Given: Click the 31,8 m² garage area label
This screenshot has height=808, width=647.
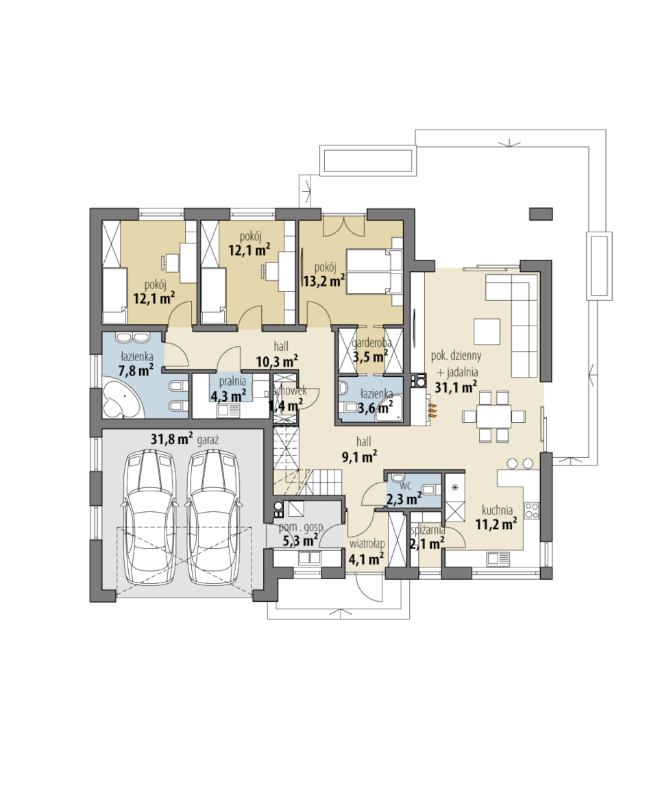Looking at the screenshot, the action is pos(171,439).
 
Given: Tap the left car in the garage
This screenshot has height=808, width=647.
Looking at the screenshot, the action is pos(149,517).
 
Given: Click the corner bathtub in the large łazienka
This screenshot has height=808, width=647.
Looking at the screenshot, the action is pos(122,400).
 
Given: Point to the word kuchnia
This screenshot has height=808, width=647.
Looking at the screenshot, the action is pos(497,510).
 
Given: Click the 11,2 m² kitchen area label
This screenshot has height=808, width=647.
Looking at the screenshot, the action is pos(496,524).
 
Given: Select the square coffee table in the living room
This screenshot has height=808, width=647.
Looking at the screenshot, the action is pos(487,331).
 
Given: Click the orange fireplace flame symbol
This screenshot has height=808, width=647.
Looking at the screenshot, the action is pos(433,408).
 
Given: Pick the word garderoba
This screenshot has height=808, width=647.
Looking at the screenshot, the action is pos(371,343).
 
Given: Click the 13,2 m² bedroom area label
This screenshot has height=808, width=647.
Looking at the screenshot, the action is pos(323,281).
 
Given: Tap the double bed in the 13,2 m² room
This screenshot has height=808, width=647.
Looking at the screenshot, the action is pos(374,271).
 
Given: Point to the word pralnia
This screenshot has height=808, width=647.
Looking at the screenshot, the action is pos(232,382).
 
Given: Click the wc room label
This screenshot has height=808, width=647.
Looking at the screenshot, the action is pos(405,485).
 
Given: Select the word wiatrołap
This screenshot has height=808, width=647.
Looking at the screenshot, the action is pos(367,543).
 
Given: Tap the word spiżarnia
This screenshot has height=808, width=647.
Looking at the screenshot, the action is pos(428,530).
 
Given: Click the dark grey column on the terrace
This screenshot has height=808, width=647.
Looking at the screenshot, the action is pos(541,214).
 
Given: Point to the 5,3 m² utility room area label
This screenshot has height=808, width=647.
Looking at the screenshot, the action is pos(301,541).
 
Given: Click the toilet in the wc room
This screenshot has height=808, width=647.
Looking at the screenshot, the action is pos(428,489).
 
